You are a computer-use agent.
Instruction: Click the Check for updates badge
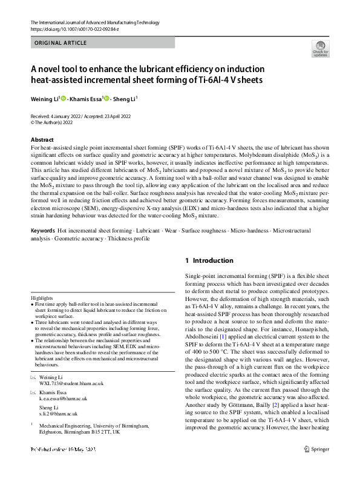(320, 49)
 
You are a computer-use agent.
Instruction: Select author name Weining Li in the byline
(44, 98)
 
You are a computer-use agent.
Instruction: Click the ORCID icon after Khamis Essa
(107, 98)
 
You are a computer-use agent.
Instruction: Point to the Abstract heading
(42, 140)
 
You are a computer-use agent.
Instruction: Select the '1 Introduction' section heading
(209, 260)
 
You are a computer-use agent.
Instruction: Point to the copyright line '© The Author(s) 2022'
(56, 122)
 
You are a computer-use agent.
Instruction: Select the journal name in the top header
(95, 22)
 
